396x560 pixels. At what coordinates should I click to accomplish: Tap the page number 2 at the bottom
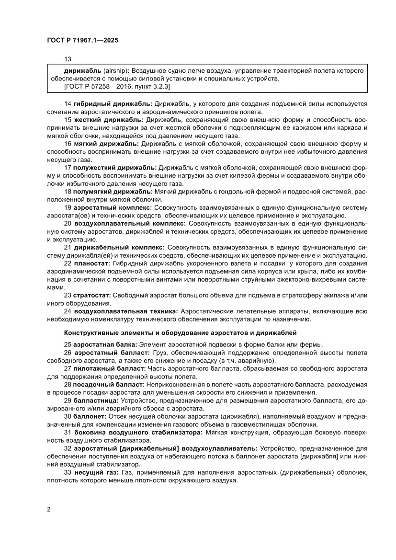click(x=49, y=509)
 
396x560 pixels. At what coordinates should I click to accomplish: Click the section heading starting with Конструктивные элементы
click(x=180, y=332)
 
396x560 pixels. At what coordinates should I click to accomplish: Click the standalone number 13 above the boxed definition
click(x=68, y=59)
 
